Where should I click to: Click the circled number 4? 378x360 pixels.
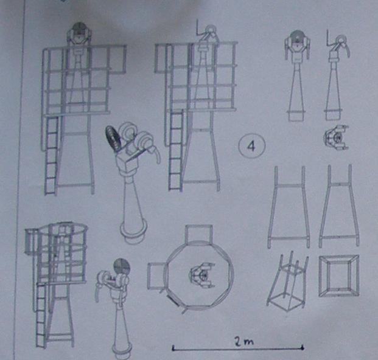[x=251, y=146]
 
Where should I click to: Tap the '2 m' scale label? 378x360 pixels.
[x=244, y=342]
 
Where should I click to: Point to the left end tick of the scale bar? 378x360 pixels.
[x=173, y=348]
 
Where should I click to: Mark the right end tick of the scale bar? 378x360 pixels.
[x=303, y=347]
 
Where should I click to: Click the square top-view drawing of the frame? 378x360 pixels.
[x=338, y=276]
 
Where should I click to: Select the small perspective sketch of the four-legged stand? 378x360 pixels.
[x=287, y=282]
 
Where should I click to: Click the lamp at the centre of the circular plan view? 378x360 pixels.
[x=203, y=275]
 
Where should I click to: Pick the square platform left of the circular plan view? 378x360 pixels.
[x=156, y=276]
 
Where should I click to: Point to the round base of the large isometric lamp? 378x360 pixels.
[x=133, y=232]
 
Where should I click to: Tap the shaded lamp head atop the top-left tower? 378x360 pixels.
[x=79, y=33]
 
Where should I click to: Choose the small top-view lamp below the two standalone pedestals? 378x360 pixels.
[x=336, y=137]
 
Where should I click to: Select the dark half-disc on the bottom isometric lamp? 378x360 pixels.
[x=122, y=268]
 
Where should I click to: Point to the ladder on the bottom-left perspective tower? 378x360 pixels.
[x=41, y=316]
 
